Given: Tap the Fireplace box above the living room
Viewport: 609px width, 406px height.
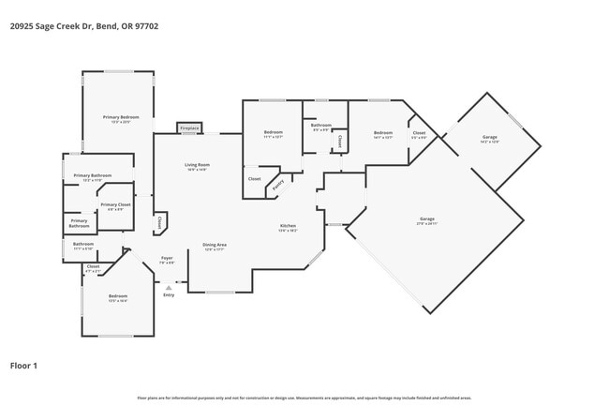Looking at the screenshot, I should (x=189, y=127).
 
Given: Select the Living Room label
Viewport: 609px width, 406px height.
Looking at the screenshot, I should (x=197, y=167).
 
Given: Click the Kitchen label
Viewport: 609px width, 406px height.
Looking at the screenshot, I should (x=289, y=228).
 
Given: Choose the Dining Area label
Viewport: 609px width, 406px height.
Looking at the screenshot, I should (x=215, y=247).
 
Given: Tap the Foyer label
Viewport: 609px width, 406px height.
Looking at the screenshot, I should (x=167, y=259).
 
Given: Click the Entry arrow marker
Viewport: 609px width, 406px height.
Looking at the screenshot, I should (x=169, y=289).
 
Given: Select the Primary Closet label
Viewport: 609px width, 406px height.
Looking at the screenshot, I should (x=115, y=206).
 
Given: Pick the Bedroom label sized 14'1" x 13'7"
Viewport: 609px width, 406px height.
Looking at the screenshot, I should (x=382, y=134).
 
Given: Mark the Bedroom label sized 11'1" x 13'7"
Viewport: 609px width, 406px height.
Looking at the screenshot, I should (x=273, y=134).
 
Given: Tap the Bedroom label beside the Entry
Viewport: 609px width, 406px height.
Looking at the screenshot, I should (x=118, y=298).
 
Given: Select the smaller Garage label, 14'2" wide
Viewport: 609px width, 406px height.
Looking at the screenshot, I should (x=490, y=140).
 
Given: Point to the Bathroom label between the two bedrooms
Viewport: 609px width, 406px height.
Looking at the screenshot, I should (x=321, y=127).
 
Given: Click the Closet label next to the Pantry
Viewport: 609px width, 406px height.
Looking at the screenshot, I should (x=254, y=178).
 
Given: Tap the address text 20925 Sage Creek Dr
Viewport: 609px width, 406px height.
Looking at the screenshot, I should (x=84, y=26).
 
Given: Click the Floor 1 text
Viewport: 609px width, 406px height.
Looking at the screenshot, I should (x=23, y=366).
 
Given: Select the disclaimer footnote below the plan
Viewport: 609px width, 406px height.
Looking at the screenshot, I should (x=304, y=398).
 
